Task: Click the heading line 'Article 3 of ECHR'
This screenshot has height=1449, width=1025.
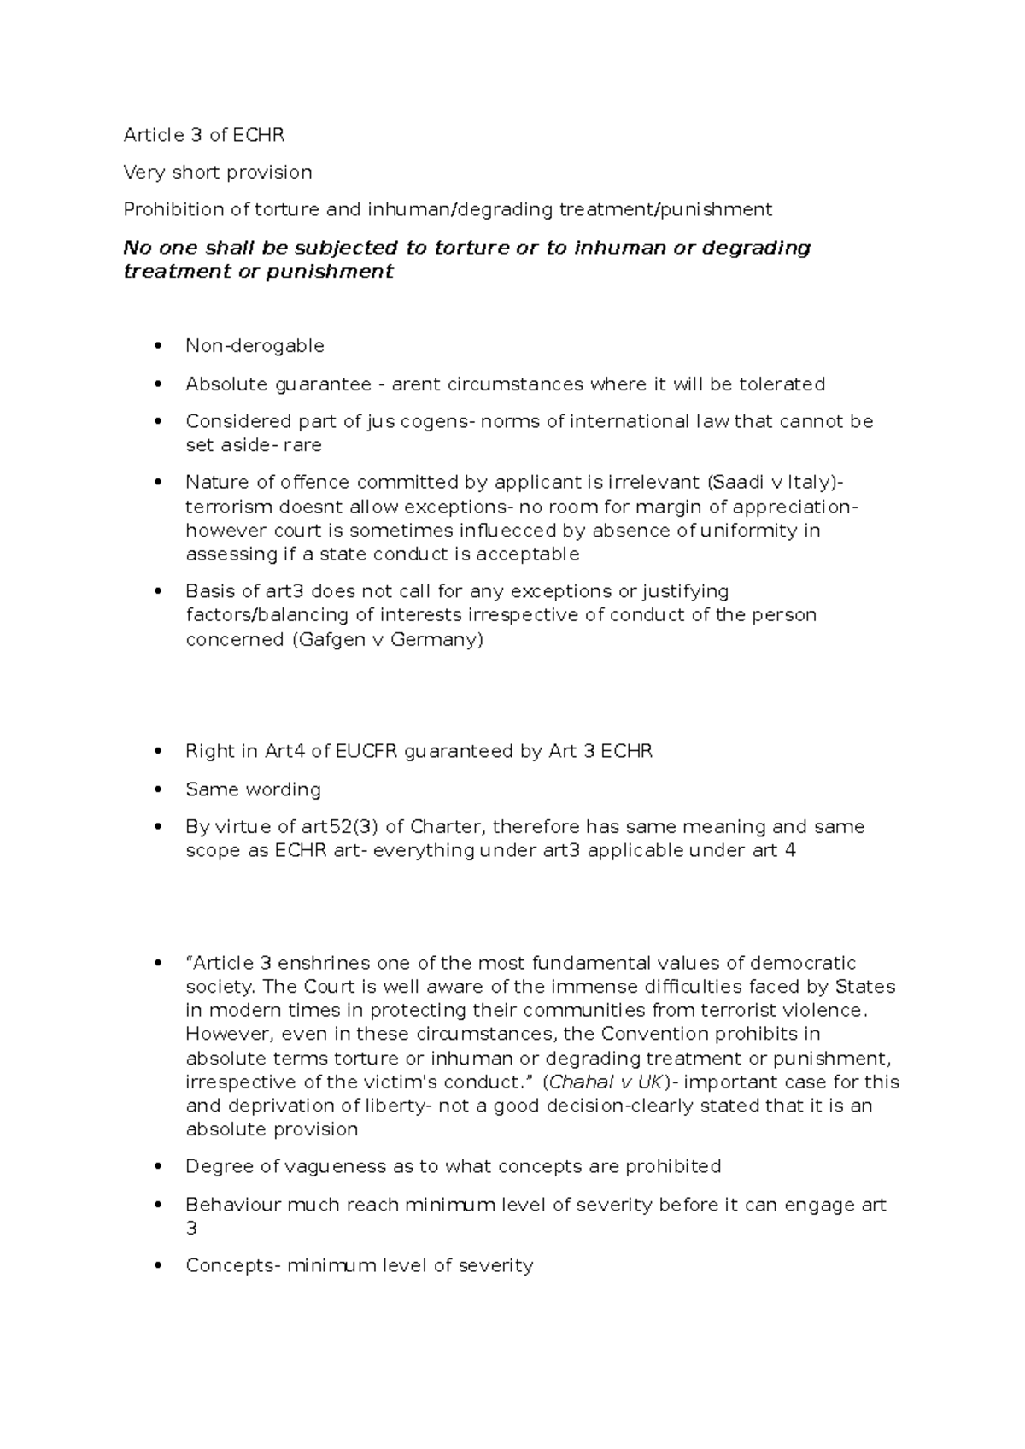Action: tap(204, 135)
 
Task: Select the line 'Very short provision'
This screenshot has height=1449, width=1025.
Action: tap(218, 173)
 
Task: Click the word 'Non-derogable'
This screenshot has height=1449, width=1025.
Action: tap(255, 346)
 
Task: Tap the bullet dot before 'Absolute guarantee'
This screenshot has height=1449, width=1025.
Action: tap(156, 384)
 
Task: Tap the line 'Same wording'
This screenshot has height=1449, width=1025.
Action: tap(253, 789)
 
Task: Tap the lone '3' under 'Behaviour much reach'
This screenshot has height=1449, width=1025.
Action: tap(191, 1229)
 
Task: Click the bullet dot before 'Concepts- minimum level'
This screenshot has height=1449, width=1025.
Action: tap(156, 1266)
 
